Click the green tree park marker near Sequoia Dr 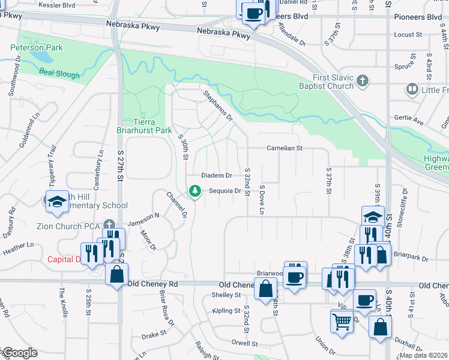(x=194, y=191)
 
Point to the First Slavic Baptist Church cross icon (x=363, y=80)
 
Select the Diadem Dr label (x=216, y=175)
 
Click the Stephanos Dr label (x=218, y=105)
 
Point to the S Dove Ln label (x=262, y=199)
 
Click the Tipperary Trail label (x=52, y=164)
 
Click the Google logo (x=19, y=353)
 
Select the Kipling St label (x=225, y=311)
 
